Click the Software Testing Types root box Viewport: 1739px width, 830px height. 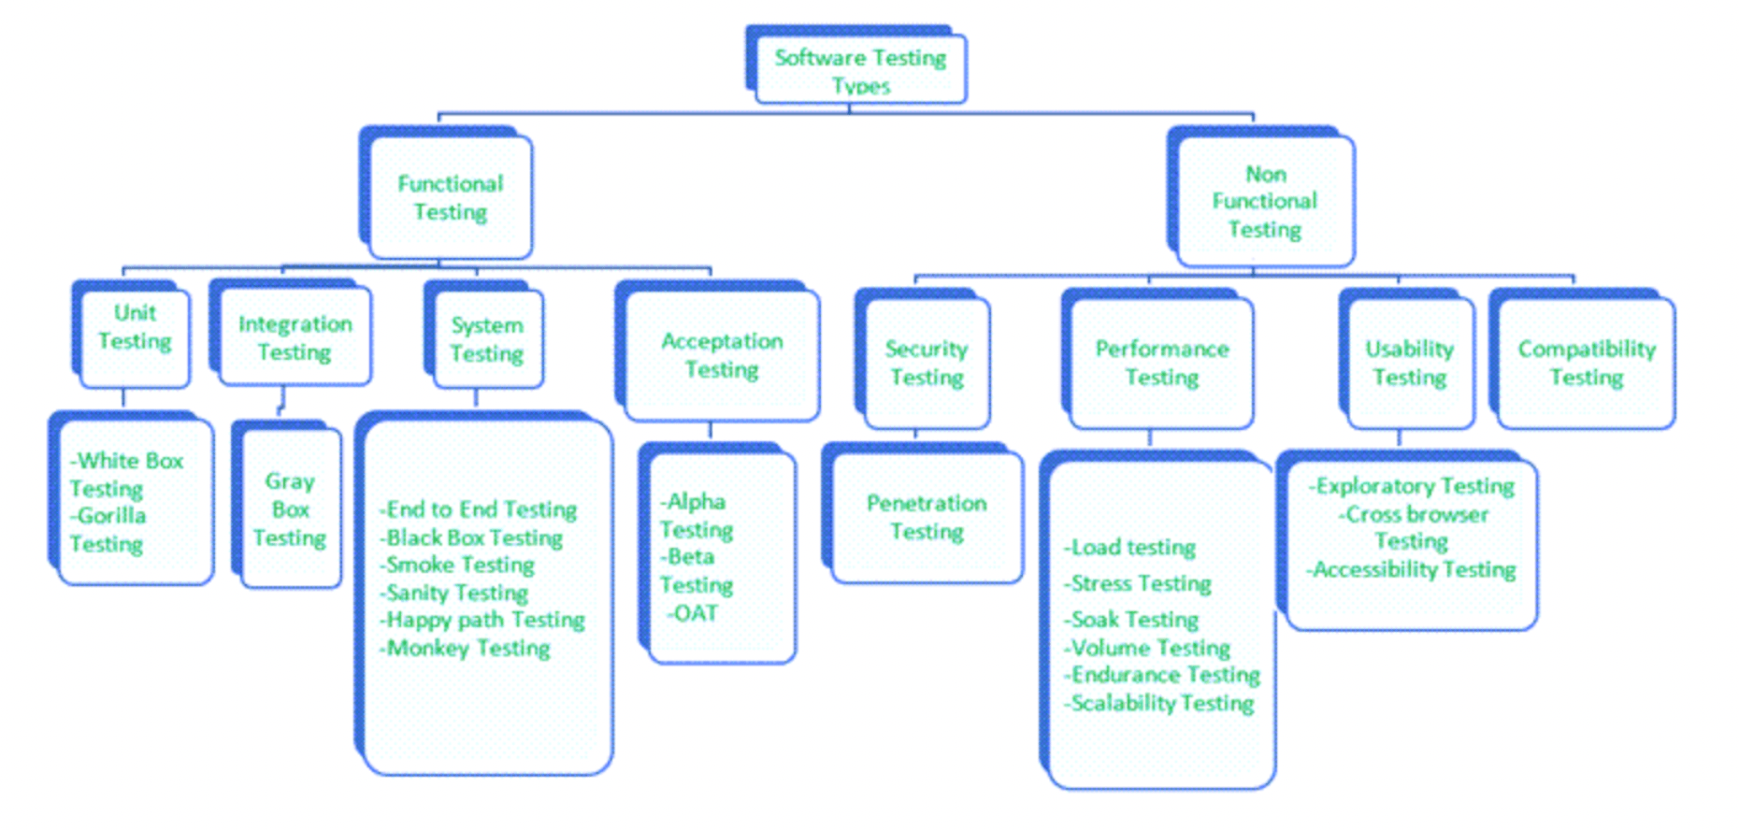click(860, 69)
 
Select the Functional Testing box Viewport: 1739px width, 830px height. click(451, 197)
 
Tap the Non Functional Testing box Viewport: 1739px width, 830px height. click(1264, 201)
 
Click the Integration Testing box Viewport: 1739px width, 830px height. click(295, 337)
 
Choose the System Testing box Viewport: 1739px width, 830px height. click(487, 339)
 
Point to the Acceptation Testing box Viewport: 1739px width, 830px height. click(722, 355)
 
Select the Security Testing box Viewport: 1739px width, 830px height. click(927, 363)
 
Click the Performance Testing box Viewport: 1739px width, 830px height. click(1161, 363)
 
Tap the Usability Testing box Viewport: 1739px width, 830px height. click(1410, 363)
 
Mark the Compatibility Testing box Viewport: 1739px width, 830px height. click(1587, 363)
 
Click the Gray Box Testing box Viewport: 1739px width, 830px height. click(290, 509)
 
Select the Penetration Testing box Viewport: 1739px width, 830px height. click(927, 517)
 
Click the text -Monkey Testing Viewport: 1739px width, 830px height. click(466, 648)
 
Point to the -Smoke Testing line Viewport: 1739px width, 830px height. click(458, 565)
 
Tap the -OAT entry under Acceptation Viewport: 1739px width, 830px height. click(693, 613)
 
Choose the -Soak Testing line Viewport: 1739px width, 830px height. click(1132, 620)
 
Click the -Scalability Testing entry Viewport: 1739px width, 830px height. click(1159, 703)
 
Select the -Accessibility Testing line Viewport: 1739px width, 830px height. click(1411, 569)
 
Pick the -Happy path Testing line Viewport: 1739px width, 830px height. click(482, 620)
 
